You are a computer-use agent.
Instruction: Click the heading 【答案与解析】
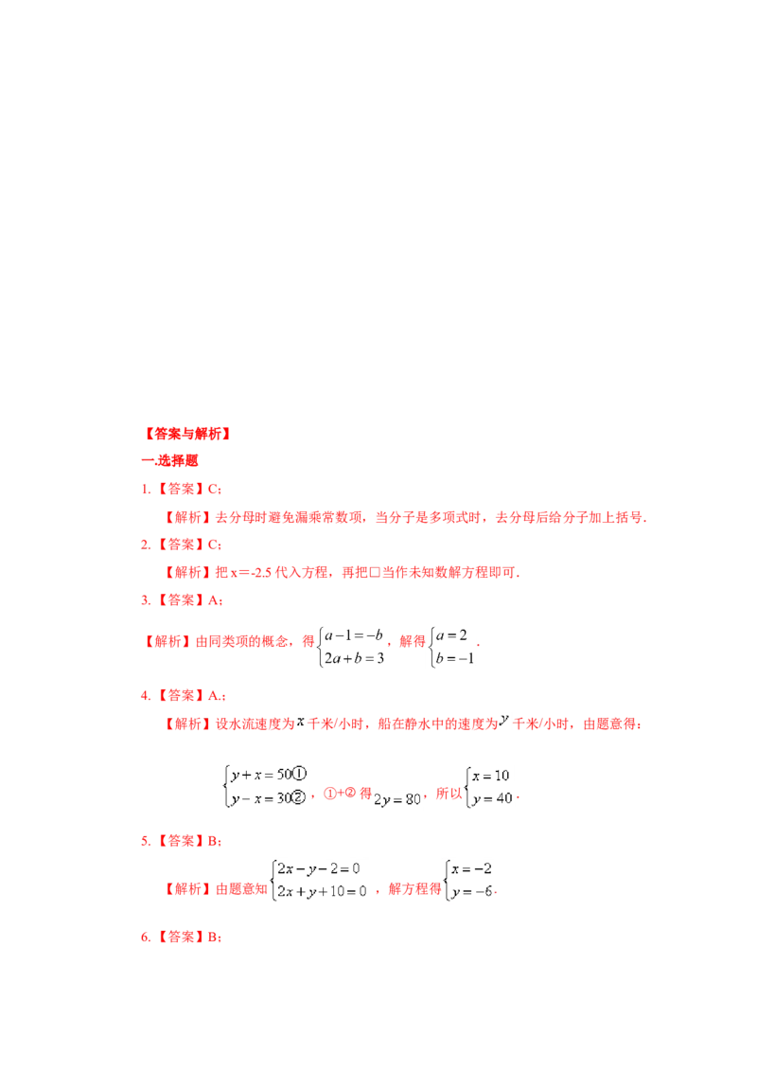(x=186, y=434)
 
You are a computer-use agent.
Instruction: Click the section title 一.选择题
(x=169, y=461)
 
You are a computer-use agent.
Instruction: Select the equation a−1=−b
(x=354, y=635)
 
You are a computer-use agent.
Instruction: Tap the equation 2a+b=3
(x=354, y=658)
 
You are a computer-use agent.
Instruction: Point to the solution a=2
(x=451, y=635)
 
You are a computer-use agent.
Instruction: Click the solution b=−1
(x=455, y=658)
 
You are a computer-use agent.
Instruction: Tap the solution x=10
(x=490, y=776)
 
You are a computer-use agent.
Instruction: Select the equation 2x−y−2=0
(x=318, y=869)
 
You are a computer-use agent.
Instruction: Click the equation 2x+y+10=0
(x=322, y=891)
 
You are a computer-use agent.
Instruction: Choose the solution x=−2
(x=471, y=869)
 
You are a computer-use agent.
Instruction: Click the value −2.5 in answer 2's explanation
(x=262, y=573)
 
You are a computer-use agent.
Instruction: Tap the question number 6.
(x=145, y=938)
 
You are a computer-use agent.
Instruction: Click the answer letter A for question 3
(x=213, y=600)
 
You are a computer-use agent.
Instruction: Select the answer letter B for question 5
(x=212, y=842)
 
